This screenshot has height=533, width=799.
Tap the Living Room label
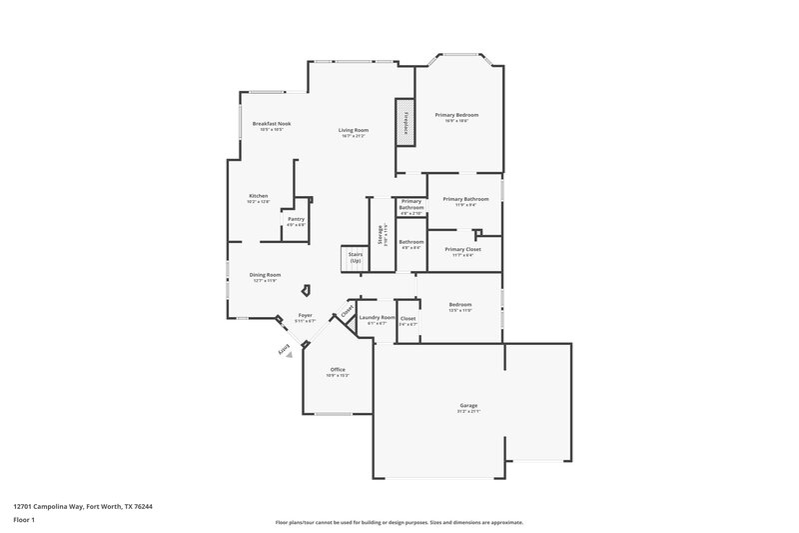coord(353,130)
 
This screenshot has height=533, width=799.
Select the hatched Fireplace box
coord(406,121)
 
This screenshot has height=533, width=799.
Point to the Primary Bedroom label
coord(456,115)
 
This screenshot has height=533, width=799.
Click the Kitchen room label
coord(259,195)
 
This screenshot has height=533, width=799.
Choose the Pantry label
coord(296,219)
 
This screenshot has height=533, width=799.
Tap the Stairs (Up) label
coord(355,257)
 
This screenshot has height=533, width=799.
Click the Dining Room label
coord(265,275)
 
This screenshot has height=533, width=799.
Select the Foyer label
coord(305,315)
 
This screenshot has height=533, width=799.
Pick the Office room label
coord(338,369)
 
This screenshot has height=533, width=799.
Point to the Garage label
coord(468,406)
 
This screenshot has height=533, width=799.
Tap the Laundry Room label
coord(378,317)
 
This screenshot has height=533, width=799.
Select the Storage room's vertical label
coord(381,234)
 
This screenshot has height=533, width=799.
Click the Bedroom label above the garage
coord(460,304)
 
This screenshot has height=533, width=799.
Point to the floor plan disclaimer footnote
coord(399,522)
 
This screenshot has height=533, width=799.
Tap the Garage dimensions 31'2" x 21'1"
coord(468,412)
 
